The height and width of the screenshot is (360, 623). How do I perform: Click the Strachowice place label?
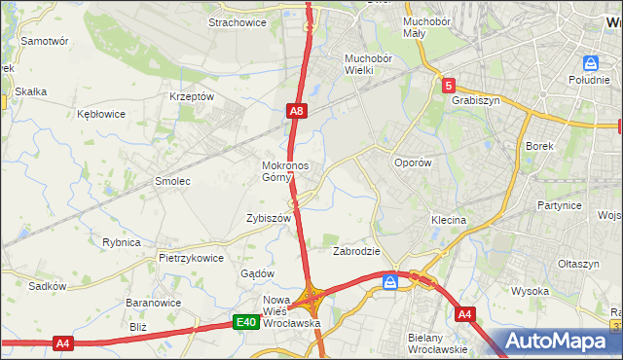point(238,23)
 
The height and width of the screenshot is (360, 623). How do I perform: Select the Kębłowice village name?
point(101,114)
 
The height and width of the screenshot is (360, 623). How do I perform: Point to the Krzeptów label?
point(191,97)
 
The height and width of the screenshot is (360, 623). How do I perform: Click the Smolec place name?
point(172,181)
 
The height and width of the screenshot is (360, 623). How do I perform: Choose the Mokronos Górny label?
point(285,171)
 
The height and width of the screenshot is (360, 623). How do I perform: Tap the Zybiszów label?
point(270,219)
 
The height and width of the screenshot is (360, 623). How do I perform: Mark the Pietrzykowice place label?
point(191,259)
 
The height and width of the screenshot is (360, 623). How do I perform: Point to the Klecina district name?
point(449,221)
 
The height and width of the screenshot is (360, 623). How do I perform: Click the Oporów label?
point(412,163)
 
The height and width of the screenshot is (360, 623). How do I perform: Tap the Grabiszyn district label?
point(475,99)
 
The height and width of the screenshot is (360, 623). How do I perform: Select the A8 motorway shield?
point(298,113)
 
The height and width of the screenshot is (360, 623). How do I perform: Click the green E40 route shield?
point(246,323)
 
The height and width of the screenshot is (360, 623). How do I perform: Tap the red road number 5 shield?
point(447,86)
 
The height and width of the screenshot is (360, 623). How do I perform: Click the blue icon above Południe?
point(588,64)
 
